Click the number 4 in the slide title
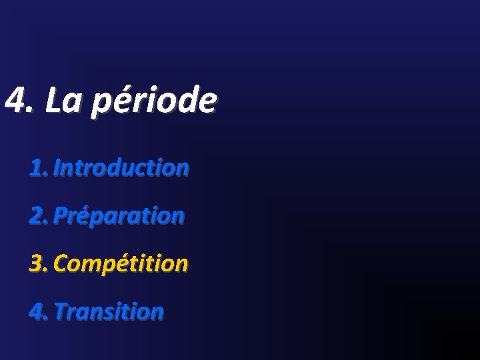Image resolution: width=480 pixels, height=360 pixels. (x=14, y=101)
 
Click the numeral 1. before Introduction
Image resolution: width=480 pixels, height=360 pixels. (x=38, y=168)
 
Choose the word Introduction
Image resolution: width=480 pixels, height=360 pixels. (x=121, y=168)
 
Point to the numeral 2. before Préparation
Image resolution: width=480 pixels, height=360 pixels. (x=39, y=216)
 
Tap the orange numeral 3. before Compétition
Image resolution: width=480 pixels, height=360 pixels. (x=39, y=264)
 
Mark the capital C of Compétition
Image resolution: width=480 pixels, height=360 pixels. (x=61, y=264)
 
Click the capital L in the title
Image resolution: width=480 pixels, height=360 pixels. (x=54, y=101)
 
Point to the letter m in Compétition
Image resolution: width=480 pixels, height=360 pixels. (x=89, y=265)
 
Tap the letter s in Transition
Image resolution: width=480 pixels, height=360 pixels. (x=111, y=313)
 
